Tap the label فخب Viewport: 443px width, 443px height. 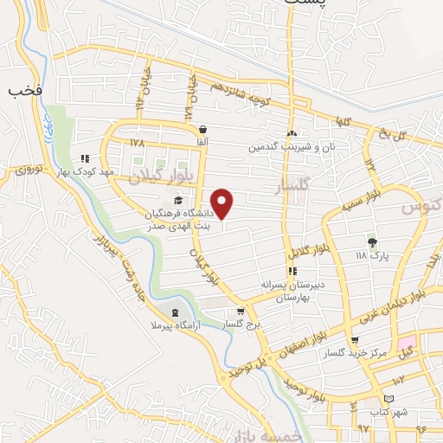click(x=19, y=89)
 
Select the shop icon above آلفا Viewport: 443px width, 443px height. click(x=201, y=126)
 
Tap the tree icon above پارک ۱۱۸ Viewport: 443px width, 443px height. click(x=373, y=241)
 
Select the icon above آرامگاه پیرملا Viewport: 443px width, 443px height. click(x=176, y=312)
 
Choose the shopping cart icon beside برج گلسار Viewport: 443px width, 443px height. click(x=241, y=312)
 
